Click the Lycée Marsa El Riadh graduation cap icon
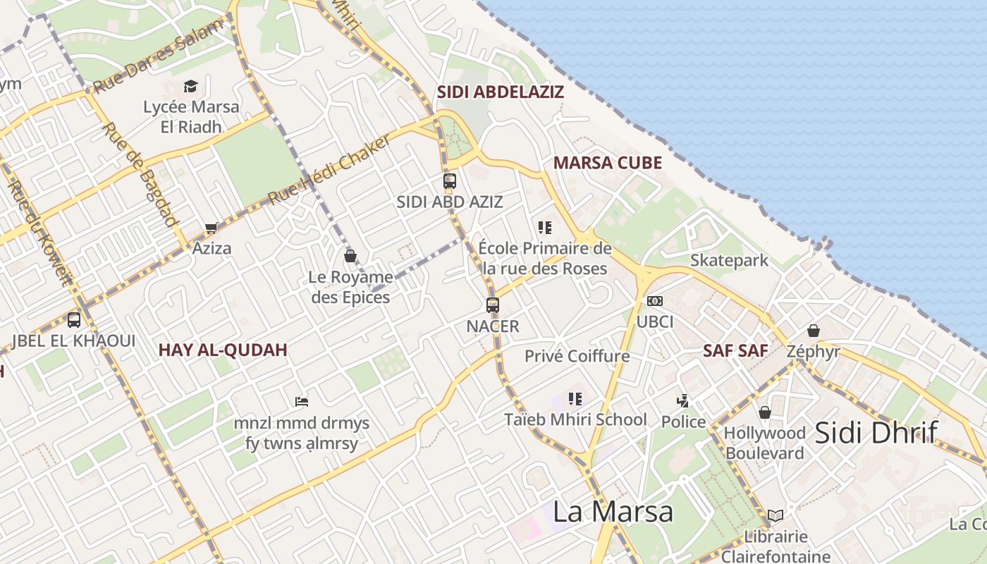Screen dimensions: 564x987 pos(190,87)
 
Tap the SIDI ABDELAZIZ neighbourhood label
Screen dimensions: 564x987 pos(501,92)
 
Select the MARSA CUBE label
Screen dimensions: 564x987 pos(607,163)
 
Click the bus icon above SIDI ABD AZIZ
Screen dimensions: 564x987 pos(450,181)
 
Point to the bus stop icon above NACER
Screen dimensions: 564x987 pos(493,305)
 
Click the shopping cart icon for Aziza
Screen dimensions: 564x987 pos(210,228)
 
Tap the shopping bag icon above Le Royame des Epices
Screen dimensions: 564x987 pos(350,256)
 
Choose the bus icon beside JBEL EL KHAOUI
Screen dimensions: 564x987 pos(74,320)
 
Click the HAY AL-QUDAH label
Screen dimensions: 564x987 pos(223,350)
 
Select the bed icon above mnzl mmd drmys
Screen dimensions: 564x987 pos(302,402)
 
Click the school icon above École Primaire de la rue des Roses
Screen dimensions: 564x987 pos(544,228)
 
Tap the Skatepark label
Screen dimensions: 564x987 pos(729,260)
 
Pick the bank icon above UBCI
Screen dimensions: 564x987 pos(655,301)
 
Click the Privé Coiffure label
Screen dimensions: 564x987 pos(577,356)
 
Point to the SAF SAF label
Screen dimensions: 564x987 pos(735,350)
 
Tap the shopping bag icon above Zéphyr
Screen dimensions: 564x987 pos(813,330)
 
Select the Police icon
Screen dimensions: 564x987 pos(682,401)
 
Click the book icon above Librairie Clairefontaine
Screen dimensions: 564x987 pos(775,516)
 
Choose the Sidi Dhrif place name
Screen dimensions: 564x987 pos(876,432)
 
